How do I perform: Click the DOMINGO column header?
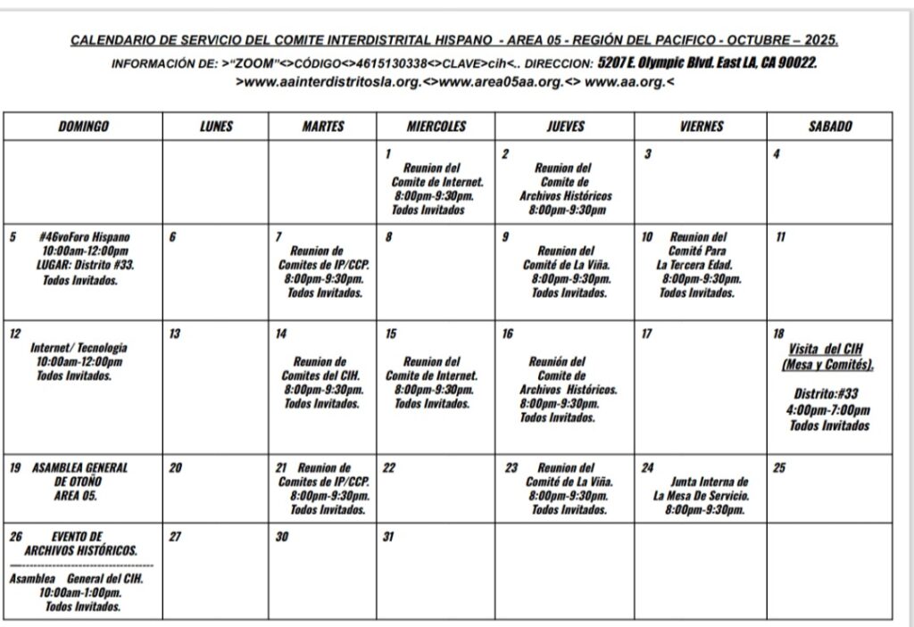tap(83, 127)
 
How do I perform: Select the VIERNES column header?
tap(701, 127)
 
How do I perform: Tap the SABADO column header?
tap(829, 127)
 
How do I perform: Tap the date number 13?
tap(175, 334)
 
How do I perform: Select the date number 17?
tap(646, 334)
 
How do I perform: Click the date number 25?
tap(778, 467)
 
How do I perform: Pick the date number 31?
tap(388, 537)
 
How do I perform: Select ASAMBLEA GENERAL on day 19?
tap(80, 467)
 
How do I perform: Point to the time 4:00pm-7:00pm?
tap(828, 410)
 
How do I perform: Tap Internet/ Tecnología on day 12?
tap(79, 348)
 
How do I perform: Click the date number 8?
tap(388, 237)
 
